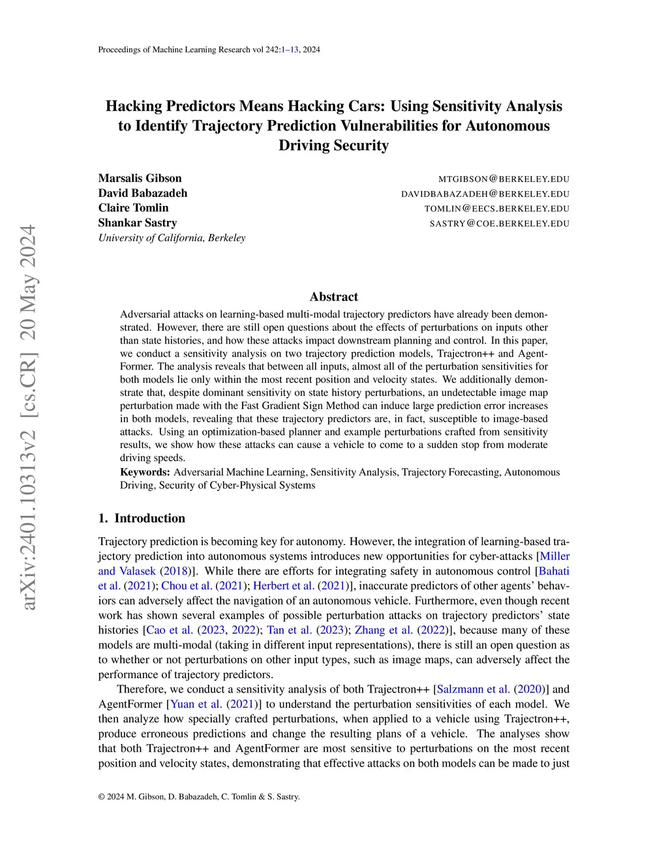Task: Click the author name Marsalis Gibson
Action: [140, 178]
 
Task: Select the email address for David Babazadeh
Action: [485, 194]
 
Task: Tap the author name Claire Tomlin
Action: [133, 208]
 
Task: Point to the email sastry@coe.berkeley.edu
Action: [499, 223]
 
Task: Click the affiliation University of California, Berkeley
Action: [172, 237]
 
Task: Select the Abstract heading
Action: [333, 297]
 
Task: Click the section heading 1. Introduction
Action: [142, 518]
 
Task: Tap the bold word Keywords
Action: [145, 472]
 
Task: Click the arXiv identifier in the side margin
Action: [28, 417]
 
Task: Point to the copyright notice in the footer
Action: [199, 796]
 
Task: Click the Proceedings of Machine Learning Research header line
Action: [209, 50]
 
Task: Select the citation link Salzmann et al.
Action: [473, 689]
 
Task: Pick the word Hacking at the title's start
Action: [134, 106]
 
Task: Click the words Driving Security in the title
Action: [333, 145]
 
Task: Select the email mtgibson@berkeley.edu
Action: [504, 179]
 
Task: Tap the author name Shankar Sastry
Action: [138, 223]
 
